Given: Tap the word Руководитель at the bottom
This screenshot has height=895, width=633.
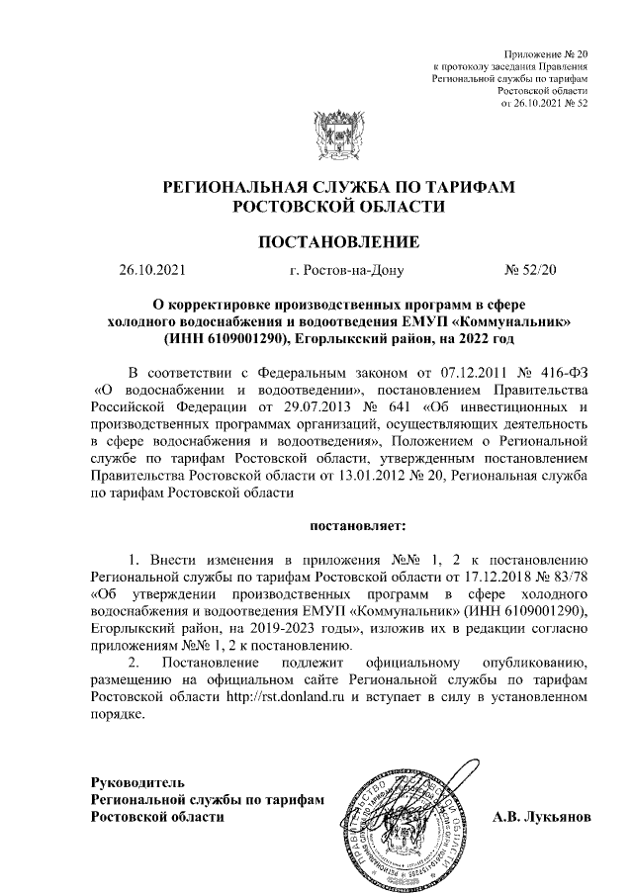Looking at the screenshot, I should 137,782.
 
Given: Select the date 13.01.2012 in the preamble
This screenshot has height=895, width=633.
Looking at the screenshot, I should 386,477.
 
